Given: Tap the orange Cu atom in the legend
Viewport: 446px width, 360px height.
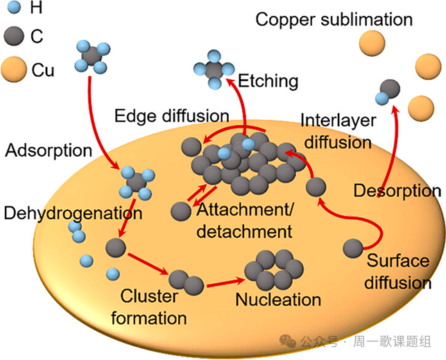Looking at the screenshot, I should click(15, 69).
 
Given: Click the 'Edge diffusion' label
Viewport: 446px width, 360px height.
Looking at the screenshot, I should click(172, 114).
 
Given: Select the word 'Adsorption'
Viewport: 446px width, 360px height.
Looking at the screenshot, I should click(48, 150).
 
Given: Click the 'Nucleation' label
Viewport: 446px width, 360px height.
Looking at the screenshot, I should click(278, 300).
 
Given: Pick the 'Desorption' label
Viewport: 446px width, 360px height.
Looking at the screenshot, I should click(397, 190).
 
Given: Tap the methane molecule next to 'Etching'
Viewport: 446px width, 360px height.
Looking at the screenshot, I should click(214, 70).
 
